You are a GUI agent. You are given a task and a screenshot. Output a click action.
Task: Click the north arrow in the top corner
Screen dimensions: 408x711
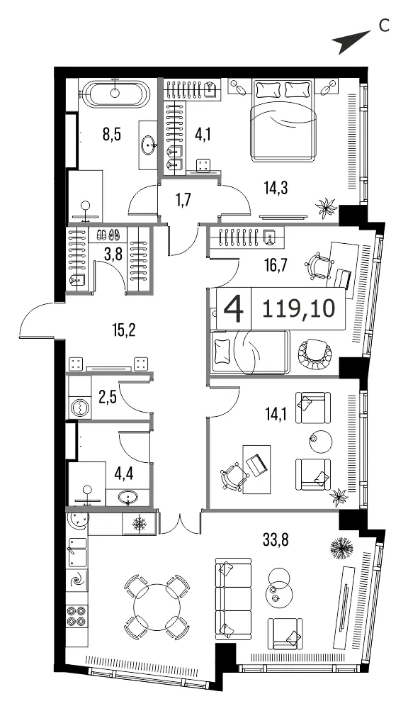point(351,40)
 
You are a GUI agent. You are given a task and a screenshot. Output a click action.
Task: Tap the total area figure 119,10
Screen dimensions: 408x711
point(298,308)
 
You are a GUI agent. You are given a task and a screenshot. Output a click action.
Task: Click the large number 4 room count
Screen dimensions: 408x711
point(234,309)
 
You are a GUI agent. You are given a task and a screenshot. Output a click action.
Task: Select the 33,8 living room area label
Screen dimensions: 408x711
point(276,539)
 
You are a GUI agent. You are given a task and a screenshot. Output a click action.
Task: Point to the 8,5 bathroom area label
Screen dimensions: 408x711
point(111,135)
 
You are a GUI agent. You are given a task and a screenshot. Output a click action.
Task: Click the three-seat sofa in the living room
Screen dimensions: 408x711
point(232,598)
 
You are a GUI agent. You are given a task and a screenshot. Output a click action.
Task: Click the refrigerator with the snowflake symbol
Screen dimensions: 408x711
point(138,524)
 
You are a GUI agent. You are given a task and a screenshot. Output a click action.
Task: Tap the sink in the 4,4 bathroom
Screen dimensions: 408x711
point(128,498)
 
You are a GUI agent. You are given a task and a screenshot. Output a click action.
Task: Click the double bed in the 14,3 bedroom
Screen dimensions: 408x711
point(283,120)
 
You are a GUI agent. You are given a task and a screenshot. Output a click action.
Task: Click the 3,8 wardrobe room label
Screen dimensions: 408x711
point(113,254)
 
